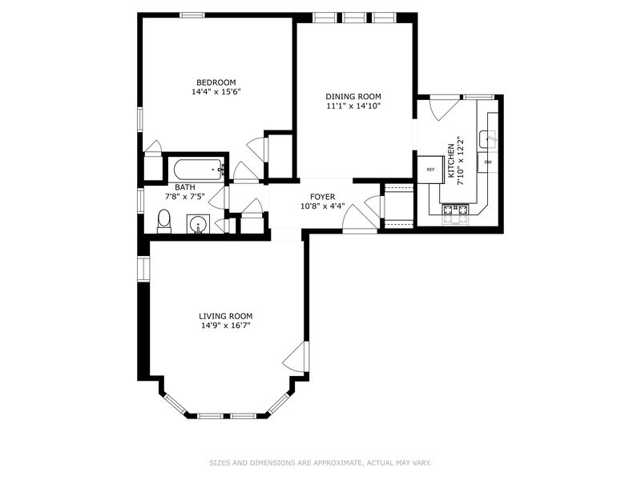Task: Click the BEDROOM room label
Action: click(216, 82)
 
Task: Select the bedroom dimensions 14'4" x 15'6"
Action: click(216, 92)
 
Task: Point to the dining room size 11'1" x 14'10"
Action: click(353, 106)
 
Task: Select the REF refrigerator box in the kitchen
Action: click(430, 170)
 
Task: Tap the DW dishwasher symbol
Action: click(487, 163)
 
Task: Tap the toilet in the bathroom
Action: click(164, 221)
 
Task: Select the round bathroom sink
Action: click(197, 224)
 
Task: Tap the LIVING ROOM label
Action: click(227, 316)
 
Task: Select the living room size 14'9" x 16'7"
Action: click(227, 326)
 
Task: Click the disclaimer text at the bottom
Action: click(320, 462)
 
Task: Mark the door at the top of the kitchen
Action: click(444, 107)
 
